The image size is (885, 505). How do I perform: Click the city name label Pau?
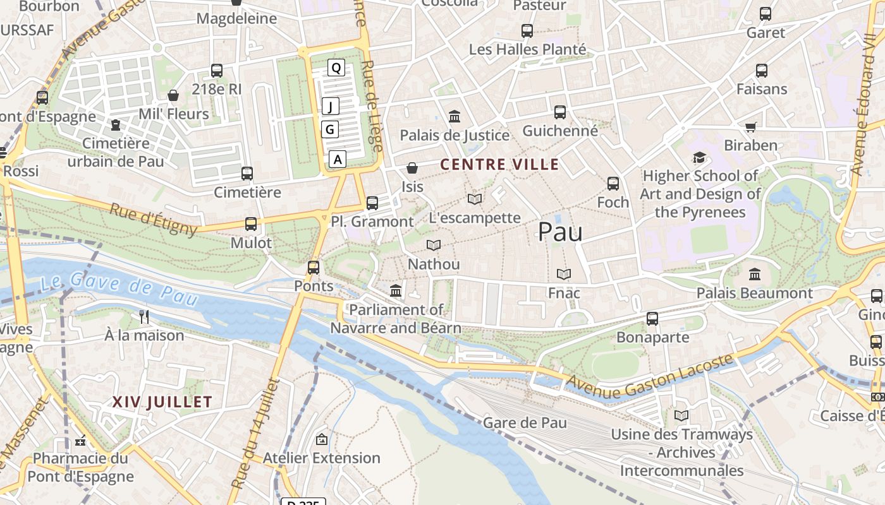(560, 232)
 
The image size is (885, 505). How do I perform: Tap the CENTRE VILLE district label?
(499, 165)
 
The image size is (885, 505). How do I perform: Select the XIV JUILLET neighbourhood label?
(162, 401)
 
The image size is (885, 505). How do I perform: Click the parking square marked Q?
(336, 68)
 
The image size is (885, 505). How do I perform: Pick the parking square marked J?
(331, 106)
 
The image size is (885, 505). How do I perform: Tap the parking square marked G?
(330, 129)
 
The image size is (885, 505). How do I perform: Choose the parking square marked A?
(338, 159)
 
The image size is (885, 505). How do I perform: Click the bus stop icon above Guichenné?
(560, 112)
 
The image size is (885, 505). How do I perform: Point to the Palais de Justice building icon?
(455, 117)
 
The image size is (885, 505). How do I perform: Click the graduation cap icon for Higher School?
(699, 157)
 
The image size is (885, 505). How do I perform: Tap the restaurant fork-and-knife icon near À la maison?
(145, 316)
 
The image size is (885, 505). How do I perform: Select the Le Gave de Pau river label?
(119, 287)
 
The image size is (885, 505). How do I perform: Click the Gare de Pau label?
(525, 422)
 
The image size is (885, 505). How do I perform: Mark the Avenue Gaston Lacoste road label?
(650, 377)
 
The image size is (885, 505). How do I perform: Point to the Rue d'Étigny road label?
(154, 218)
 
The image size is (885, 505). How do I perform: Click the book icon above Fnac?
(564, 274)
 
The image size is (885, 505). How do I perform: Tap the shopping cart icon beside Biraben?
(751, 127)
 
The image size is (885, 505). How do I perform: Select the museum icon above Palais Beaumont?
(754, 275)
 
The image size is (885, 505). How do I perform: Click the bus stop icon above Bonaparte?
(652, 319)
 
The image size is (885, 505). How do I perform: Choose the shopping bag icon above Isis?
(412, 168)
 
